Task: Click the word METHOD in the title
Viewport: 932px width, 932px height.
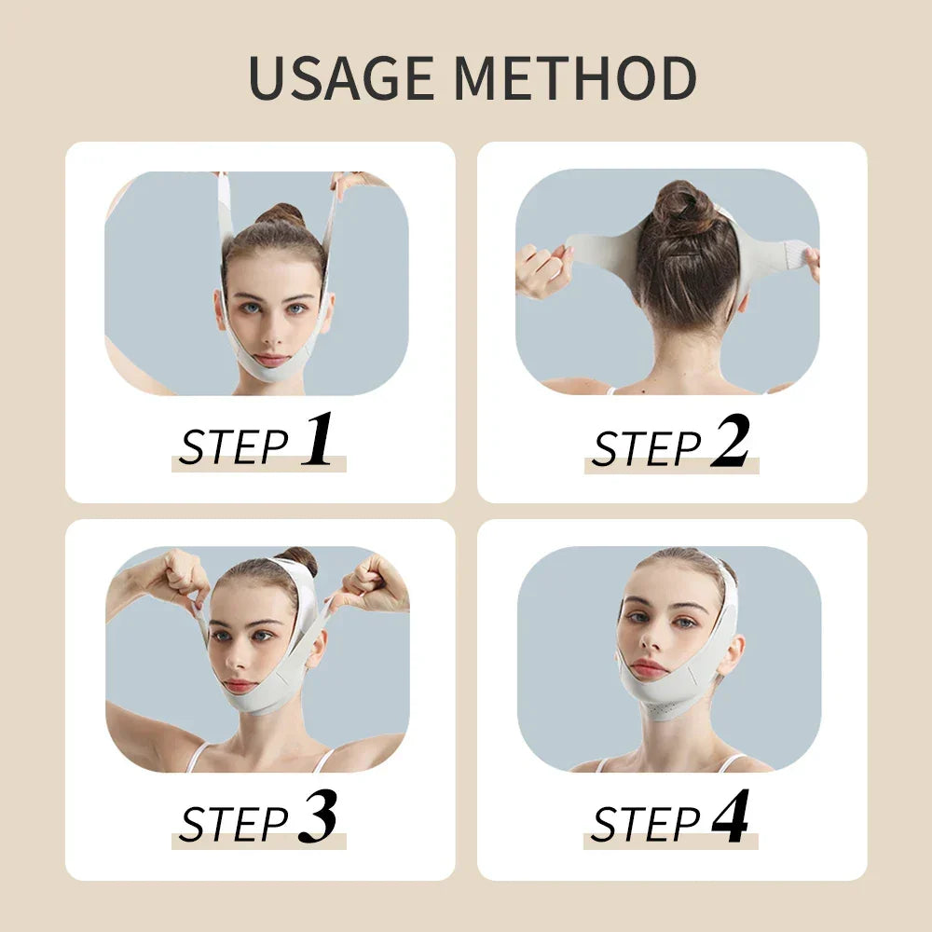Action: click(x=578, y=79)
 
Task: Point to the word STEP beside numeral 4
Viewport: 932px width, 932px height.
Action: click(x=646, y=825)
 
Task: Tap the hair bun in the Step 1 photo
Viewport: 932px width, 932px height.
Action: click(x=280, y=215)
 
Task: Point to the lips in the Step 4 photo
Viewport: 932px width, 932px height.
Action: click(x=650, y=668)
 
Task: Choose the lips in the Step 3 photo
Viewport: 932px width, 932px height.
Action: click(x=240, y=685)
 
